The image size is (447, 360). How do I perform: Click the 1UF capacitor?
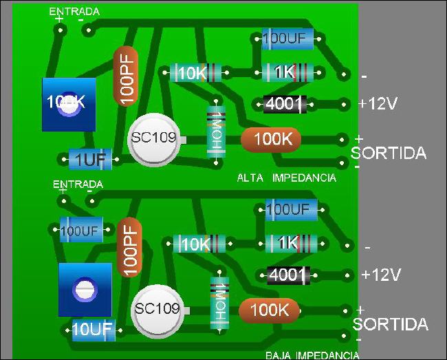tap(89, 160)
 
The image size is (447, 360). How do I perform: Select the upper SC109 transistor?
tap(156, 138)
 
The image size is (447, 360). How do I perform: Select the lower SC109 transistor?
tap(159, 309)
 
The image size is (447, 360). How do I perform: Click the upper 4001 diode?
tap(285, 104)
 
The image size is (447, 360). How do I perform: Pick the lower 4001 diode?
tap(287, 275)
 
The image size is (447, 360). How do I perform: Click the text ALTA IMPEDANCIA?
tap(286, 178)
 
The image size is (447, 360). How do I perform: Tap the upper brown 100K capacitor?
tap(272, 139)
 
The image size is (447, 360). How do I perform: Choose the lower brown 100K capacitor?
tap(269, 310)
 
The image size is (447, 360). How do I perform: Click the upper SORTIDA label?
tap(389, 153)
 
